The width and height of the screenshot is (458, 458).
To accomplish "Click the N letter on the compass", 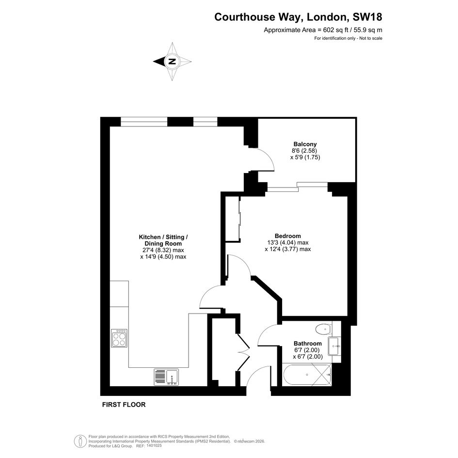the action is [x=172, y=62].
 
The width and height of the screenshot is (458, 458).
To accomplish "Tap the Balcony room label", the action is [x=305, y=144].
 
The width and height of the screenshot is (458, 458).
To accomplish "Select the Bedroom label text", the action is [x=288, y=236].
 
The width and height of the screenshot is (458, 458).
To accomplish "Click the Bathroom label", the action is [x=308, y=344].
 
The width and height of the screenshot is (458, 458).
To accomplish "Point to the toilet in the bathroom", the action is [x=324, y=329].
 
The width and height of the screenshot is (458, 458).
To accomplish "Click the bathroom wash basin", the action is [x=334, y=346].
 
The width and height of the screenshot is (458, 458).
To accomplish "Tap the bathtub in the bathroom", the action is [x=307, y=375].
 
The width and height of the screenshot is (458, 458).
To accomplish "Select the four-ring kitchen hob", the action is [x=119, y=338].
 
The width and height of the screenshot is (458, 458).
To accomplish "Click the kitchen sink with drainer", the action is [x=166, y=377].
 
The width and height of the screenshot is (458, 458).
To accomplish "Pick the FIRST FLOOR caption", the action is [x=124, y=405].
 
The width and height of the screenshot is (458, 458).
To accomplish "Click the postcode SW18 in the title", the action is [x=367, y=17].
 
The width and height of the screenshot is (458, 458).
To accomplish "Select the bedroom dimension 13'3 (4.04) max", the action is [x=288, y=242].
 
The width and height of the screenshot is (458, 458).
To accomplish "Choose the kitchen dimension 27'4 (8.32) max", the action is [x=163, y=250].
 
